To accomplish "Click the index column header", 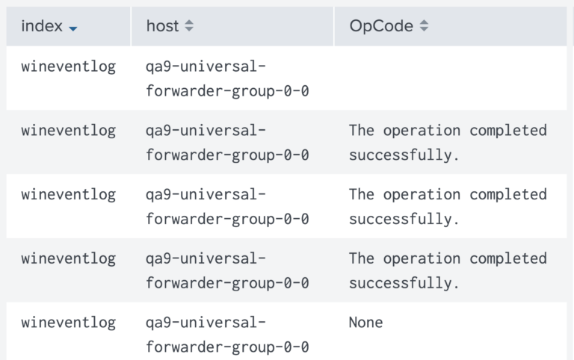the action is [x=42, y=26].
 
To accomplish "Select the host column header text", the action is [x=162, y=26].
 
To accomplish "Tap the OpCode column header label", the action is [x=381, y=26].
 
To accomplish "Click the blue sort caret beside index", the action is [x=72, y=28].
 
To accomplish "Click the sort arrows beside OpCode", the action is [x=424, y=25].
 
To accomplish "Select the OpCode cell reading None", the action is [x=365, y=323].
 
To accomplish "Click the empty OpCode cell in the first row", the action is [x=450, y=78].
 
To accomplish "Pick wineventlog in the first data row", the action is [x=69, y=66].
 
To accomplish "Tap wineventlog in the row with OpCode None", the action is [x=69, y=323].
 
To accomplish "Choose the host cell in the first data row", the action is [x=227, y=78].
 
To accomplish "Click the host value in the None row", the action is [x=227, y=335].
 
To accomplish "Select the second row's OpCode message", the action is [x=448, y=143].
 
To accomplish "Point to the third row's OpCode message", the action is [x=448, y=207].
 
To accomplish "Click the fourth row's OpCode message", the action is [x=448, y=270].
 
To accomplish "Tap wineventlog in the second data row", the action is [x=69, y=131].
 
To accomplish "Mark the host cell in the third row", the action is [x=227, y=207].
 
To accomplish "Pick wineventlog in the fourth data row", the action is [x=69, y=258].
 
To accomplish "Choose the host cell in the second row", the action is [x=227, y=143].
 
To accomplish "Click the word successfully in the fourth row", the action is [x=401, y=283].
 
